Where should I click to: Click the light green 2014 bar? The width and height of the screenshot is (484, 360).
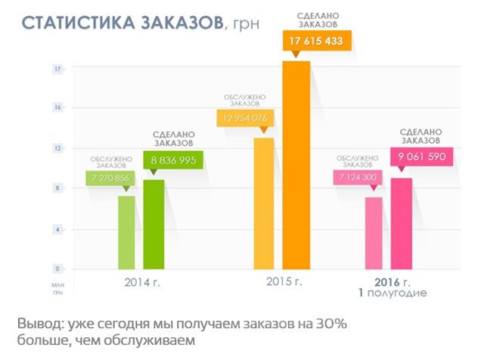coord(126,232)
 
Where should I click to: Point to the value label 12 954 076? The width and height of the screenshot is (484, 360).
coord(244,118)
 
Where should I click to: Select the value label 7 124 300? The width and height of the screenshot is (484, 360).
coord(359,178)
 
